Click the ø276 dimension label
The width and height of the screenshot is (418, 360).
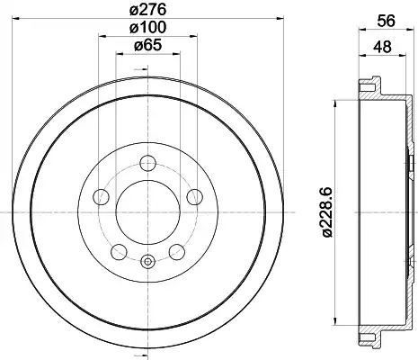point(147,11)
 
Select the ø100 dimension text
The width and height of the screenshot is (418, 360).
point(147,28)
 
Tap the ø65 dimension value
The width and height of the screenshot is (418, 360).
point(147,45)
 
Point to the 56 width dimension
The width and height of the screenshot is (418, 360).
point(387,22)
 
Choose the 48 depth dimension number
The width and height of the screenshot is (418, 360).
point(382,47)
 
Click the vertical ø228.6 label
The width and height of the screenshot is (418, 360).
point(326,211)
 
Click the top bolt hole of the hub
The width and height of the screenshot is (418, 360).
point(147,163)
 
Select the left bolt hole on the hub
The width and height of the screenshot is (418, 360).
point(102,197)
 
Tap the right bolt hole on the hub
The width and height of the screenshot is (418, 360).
point(194,197)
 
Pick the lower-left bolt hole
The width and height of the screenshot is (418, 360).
point(119,252)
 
